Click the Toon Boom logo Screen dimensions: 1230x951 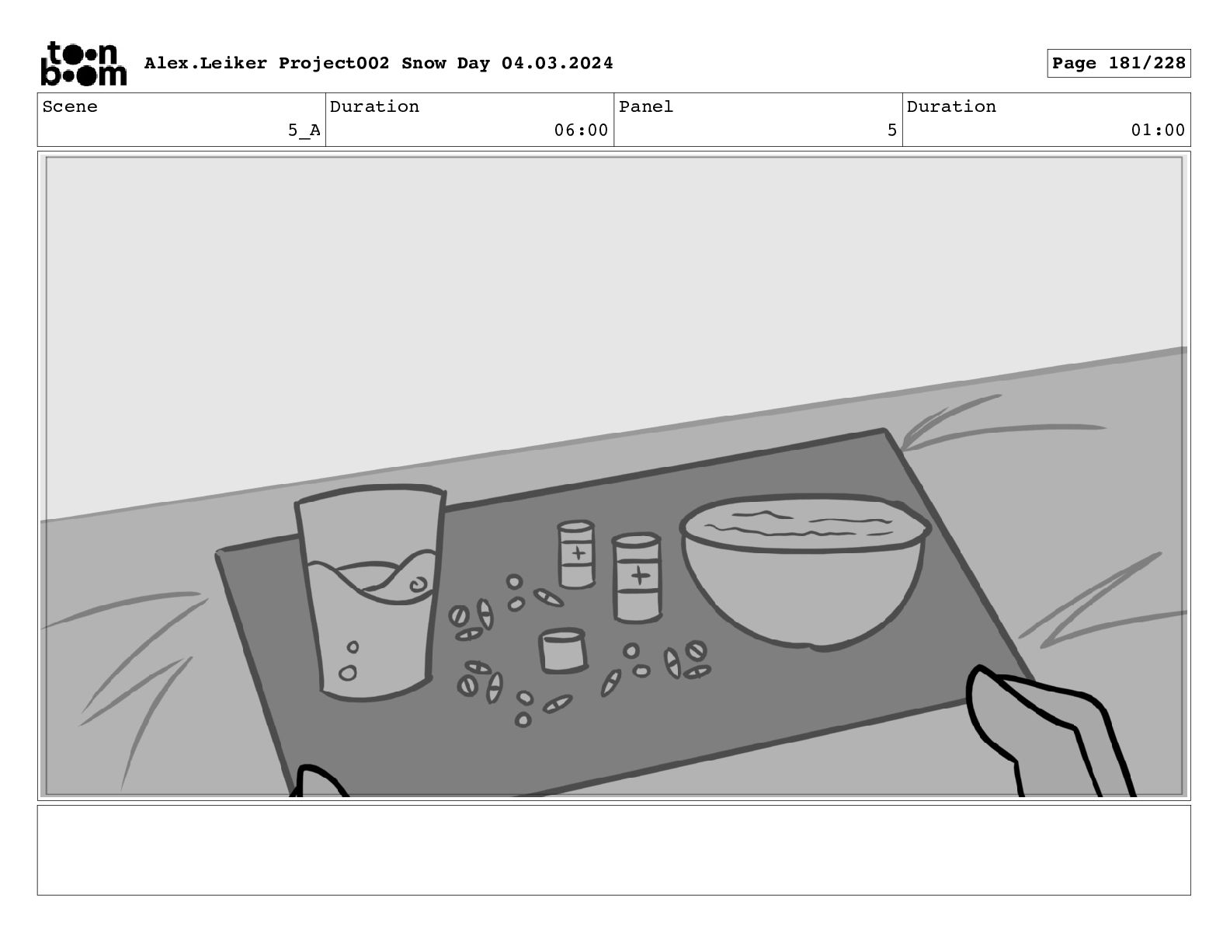[x=84, y=64]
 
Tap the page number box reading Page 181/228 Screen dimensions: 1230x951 [x=1118, y=64]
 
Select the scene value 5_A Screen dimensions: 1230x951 [x=304, y=131]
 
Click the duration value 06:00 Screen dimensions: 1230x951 [x=581, y=131]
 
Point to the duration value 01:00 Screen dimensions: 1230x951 [x=1158, y=131]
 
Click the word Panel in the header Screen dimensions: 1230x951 [x=646, y=106]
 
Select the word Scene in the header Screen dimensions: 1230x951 [x=70, y=106]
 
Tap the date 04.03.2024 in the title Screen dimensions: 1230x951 [x=557, y=63]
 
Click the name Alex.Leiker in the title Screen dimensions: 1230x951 [x=206, y=63]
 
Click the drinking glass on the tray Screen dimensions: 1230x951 [x=370, y=592]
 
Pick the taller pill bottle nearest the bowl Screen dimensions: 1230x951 [x=637, y=578]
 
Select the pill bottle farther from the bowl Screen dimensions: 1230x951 [x=576, y=555]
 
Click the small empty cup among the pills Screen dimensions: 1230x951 [x=562, y=651]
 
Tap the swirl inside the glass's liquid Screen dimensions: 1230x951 [x=419, y=584]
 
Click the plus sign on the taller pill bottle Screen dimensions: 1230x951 [x=640, y=576]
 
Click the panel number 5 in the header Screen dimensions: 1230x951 [x=892, y=131]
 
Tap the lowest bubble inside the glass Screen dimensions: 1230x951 [x=348, y=673]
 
